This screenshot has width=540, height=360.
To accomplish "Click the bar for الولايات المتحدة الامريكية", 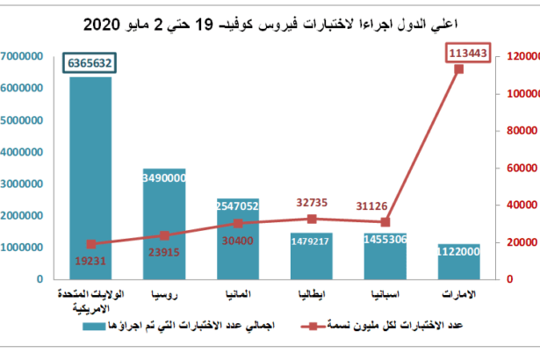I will tap(90, 176).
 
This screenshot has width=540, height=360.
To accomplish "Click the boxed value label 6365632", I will tap(90, 63).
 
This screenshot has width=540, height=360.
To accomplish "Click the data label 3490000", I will tap(164, 177).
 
